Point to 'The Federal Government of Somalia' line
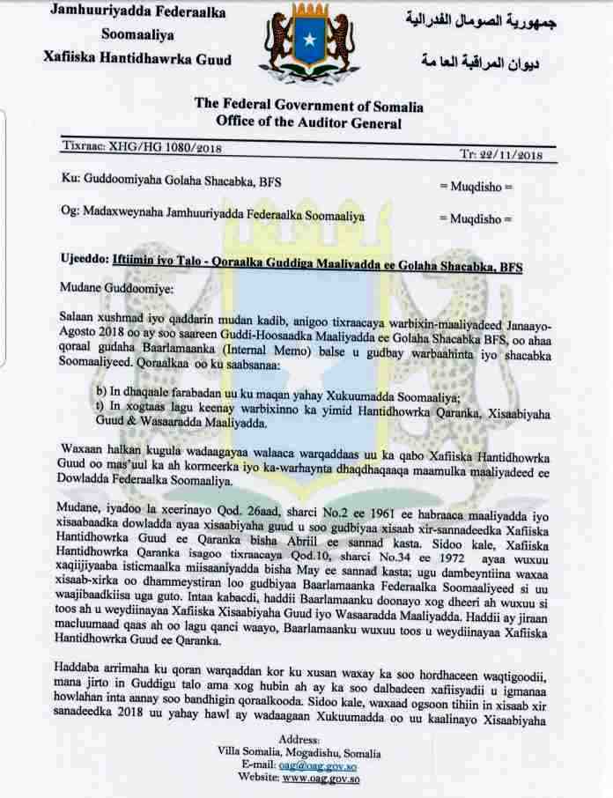tap(308, 106)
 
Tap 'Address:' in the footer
tap(299, 738)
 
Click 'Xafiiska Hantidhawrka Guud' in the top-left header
tap(137, 59)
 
